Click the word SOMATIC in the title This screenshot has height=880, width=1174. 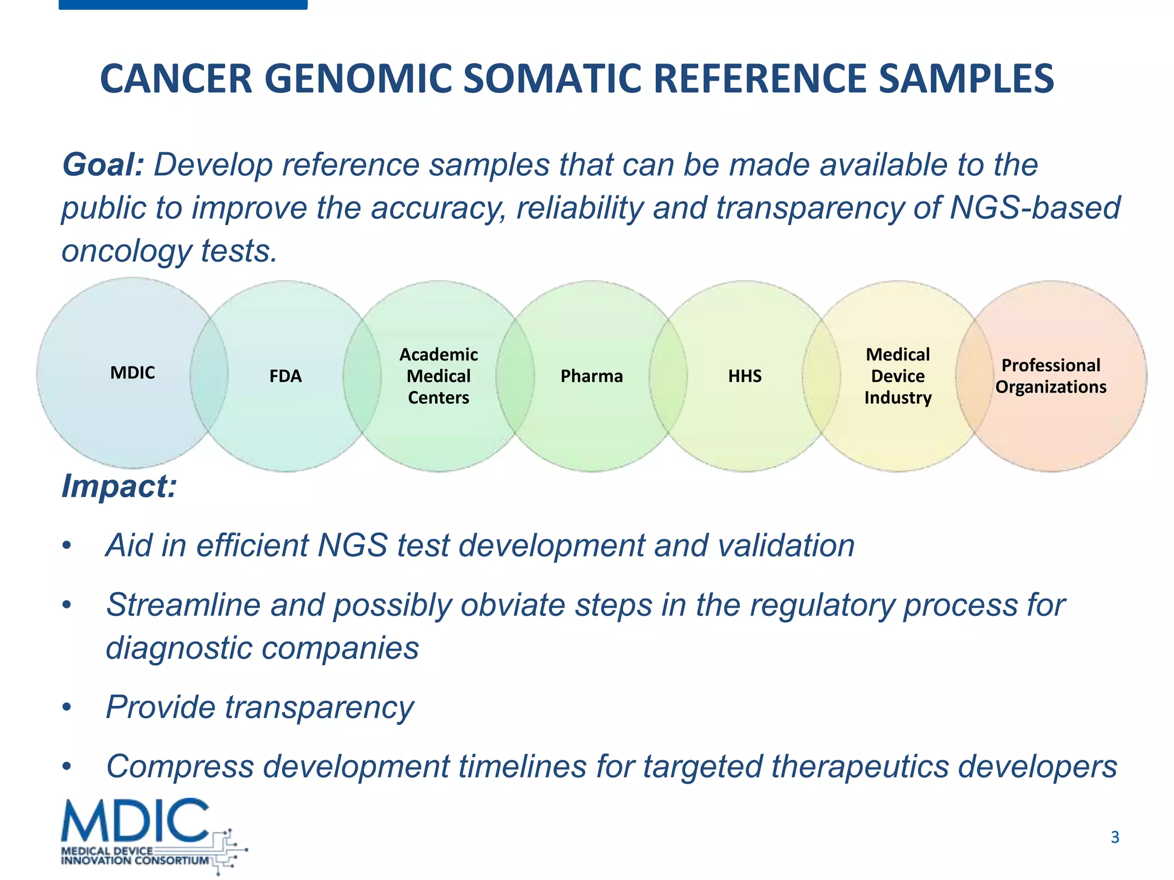(x=551, y=78)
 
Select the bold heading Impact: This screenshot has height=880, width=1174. (x=119, y=486)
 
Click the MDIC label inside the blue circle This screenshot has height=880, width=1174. (x=132, y=373)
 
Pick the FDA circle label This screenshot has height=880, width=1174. (x=285, y=376)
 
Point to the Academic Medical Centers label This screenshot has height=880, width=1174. (x=439, y=376)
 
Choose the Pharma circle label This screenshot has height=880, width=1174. (x=592, y=376)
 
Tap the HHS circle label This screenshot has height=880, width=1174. (x=745, y=376)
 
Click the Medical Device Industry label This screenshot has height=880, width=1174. (x=898, y=376)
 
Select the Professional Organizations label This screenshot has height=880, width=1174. (x=1051, y=376)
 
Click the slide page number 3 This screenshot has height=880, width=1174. (x=1114, y=838)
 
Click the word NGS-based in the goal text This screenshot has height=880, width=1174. (x=1035, y=207)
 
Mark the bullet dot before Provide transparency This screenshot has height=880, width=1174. (x=67, y=708)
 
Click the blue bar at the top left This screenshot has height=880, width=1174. (x=183, y=5)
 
